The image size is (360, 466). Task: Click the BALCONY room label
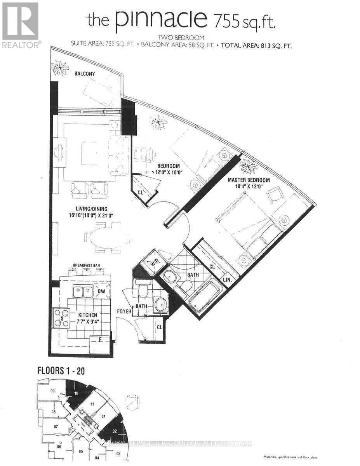85,73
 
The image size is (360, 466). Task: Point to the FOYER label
124,311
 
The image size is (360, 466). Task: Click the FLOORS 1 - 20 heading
61,371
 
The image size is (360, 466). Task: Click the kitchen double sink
83,291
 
